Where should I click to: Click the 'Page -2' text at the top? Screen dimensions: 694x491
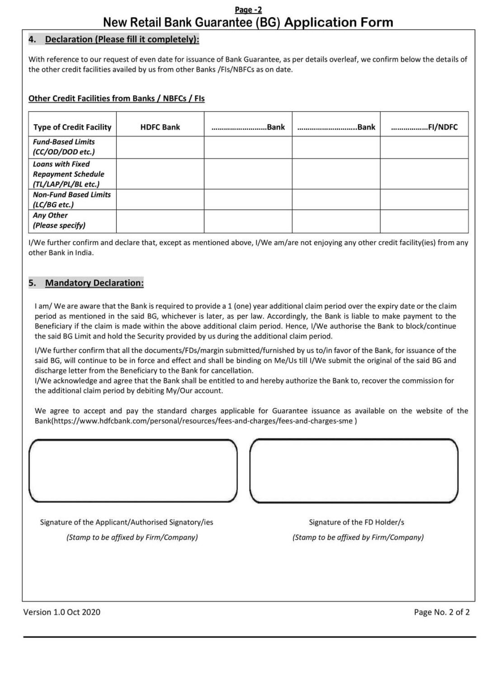pyautogui.click(x=248, y=10)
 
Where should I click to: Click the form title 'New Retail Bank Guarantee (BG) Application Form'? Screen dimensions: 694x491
pyautogui.click(x=248, y=22)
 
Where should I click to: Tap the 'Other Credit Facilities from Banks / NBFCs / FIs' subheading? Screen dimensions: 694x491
pyautogui.click(x=116, y=98)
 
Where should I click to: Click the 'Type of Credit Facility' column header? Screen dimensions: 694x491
pyautogui.click(x=72, y=127)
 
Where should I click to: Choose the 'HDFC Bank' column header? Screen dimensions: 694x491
pyautogui.click(x=160, y=127)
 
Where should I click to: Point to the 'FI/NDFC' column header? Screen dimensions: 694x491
pyautogui.click(x=424, y=127)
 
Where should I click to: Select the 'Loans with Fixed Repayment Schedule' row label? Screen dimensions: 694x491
pyautogui.click(x=68, y=174)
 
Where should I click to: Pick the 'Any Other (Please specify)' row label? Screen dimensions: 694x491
pyautogui.click(x=59, y=220)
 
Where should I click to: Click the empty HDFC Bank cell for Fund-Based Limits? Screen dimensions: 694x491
pyautogui.click(x=160, y=147)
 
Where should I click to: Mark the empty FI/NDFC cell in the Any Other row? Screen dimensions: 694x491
pyautogui.click(x=424, y=221)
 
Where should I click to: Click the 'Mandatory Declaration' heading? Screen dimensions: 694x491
pyautogui.click(x=94, y=283)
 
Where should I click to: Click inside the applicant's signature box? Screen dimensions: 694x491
pyautogui.click(x=133, y=471)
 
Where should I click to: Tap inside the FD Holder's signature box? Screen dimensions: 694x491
pyautogui.click(x=354, y=471)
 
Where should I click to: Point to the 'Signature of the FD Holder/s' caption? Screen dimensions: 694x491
pyautogui.click(x=356, y=522)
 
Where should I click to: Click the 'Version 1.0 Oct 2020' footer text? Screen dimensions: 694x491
pyautogui.click(x=62, y=612)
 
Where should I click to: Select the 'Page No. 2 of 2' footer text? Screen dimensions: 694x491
pyautogui.click(x=441, y=612)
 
